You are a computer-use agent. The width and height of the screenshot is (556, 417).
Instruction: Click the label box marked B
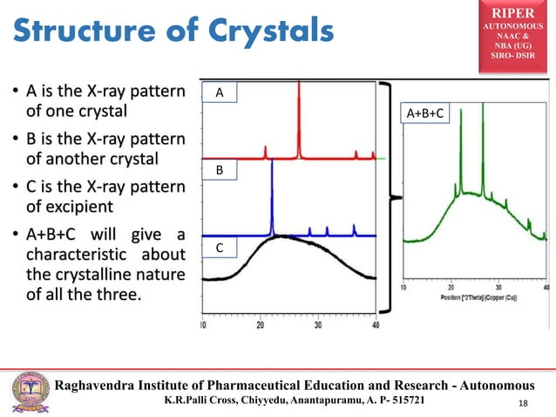pos(220,172)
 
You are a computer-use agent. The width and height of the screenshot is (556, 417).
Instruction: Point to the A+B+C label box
pos(425,113)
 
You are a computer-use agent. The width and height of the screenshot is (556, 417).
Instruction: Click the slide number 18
pos(524,402)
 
